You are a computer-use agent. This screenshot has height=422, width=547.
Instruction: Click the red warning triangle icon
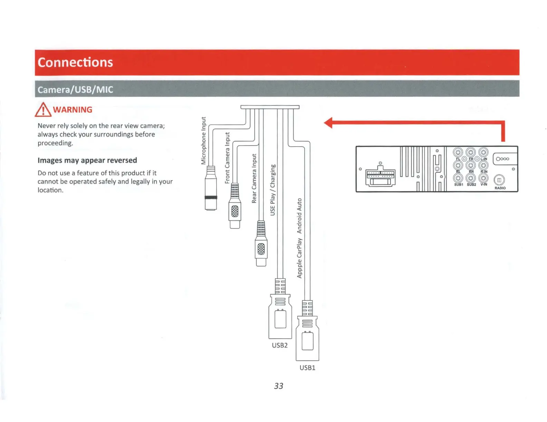point(43,110)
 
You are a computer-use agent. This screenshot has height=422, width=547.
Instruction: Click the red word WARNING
point(73,110)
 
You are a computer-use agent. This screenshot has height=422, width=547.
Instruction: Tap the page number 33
point(278,386)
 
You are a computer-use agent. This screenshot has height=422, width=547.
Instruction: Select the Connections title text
point(75,62)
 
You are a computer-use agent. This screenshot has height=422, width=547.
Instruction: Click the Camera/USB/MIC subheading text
point(75,90)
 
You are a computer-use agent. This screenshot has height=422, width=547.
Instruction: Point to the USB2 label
point(280,345)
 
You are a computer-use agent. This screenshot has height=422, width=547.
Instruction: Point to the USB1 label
point(307,368)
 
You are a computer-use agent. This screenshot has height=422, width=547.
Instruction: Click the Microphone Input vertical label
point(204,141)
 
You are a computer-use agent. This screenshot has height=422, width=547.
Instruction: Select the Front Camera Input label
point(227,158)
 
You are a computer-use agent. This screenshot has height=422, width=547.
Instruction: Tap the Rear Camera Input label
point(254,179)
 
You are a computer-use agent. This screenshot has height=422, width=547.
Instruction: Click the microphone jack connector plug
point(211,188)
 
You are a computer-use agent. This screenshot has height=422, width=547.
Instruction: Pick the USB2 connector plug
point(280,315)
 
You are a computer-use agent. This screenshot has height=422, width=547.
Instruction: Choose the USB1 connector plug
point(307,338)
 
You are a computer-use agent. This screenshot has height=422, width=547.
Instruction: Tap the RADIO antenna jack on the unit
point(499,180)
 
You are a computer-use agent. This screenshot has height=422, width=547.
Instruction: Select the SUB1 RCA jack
point(458,178)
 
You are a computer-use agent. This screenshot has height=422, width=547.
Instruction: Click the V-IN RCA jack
point(483,178)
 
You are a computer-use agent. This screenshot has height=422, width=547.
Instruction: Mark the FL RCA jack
point(458,152)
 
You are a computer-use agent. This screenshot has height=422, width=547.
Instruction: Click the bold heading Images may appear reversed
point(87,160)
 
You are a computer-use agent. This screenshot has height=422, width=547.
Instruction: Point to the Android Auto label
point(299,216)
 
